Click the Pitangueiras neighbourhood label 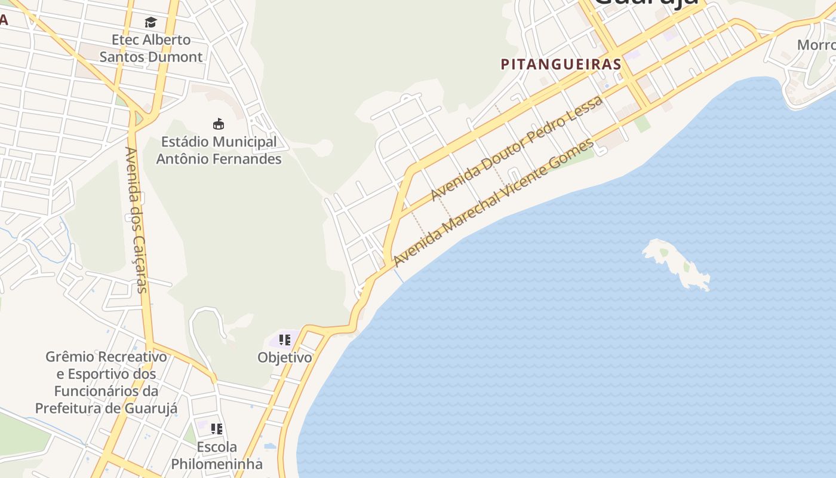click(561, 64)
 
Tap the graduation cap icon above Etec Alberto click(150, 23)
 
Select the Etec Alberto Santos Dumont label click(151, 48)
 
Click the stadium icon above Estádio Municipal click(219, 124)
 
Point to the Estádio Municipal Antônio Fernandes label click(219, 151)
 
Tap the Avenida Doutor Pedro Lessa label click(517, 149)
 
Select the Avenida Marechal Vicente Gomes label click(494, 203)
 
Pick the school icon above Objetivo click(285, 340)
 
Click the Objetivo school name click(285, 357)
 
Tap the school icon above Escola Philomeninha click(217, 428)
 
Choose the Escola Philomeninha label click(217, 455)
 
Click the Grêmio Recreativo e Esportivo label click(106, 382)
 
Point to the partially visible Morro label click(816, 45)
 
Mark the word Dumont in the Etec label click(177, 57)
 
